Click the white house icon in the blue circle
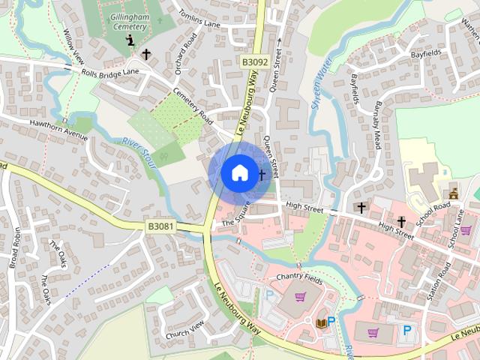(238, 172)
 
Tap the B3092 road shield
(255, 62)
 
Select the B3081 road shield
(161, 226)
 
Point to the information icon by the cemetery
(132, 40)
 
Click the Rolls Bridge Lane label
(111, 72)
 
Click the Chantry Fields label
(298, 277)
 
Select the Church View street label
(185, 328)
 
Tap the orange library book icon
(321, 322)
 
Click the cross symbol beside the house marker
(262, 175)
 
